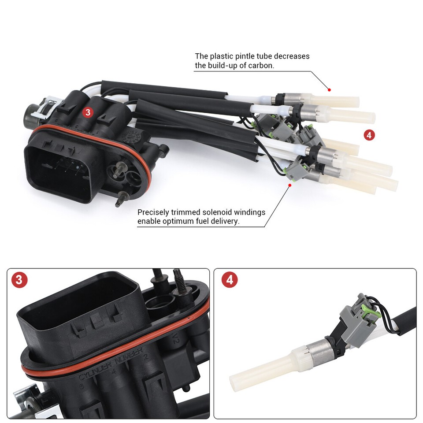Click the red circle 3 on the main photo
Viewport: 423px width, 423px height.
(x=88, y=112)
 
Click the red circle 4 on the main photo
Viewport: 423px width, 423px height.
(x=369, y=135)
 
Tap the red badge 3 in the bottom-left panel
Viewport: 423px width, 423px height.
(x=19, y=280)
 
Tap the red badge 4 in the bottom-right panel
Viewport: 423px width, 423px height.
(x=230, y=280)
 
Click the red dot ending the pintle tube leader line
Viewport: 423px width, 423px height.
(x=329, y=89)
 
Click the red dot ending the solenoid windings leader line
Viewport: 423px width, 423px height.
(x=290, y=186)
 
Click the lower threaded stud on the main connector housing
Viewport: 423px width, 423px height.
(x=120, y=200)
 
